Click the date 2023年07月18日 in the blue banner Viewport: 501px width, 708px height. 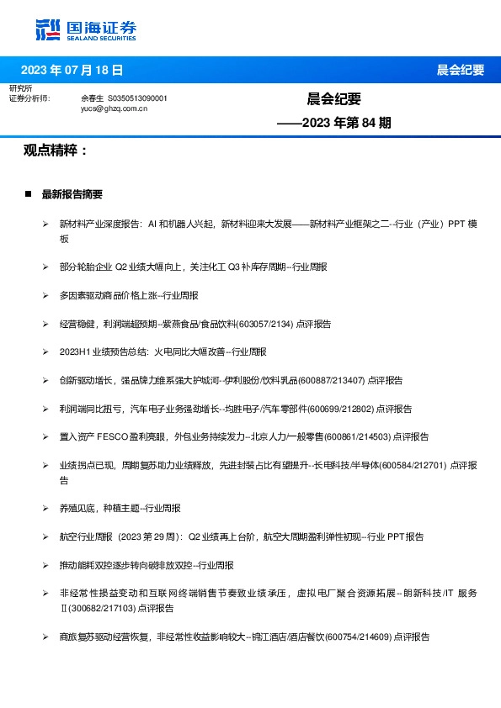coord(72,70)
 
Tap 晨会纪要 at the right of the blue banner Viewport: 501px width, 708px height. coord(461,70)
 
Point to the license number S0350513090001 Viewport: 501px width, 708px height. coord(139,98)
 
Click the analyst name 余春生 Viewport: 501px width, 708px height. coord(92,98)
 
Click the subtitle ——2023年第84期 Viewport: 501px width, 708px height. coord(334,123)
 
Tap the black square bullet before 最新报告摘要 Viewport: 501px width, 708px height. coord(28,194)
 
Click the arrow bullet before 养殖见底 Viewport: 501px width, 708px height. coord(46,508)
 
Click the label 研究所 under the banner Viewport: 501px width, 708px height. coord(20,88)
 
